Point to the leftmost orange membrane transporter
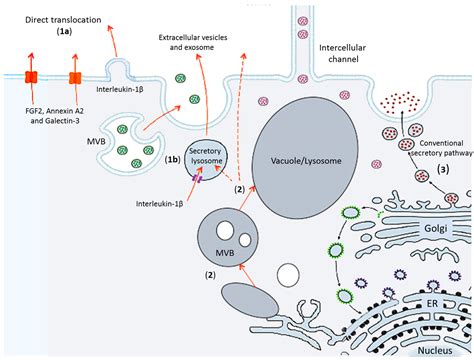(31, 79)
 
